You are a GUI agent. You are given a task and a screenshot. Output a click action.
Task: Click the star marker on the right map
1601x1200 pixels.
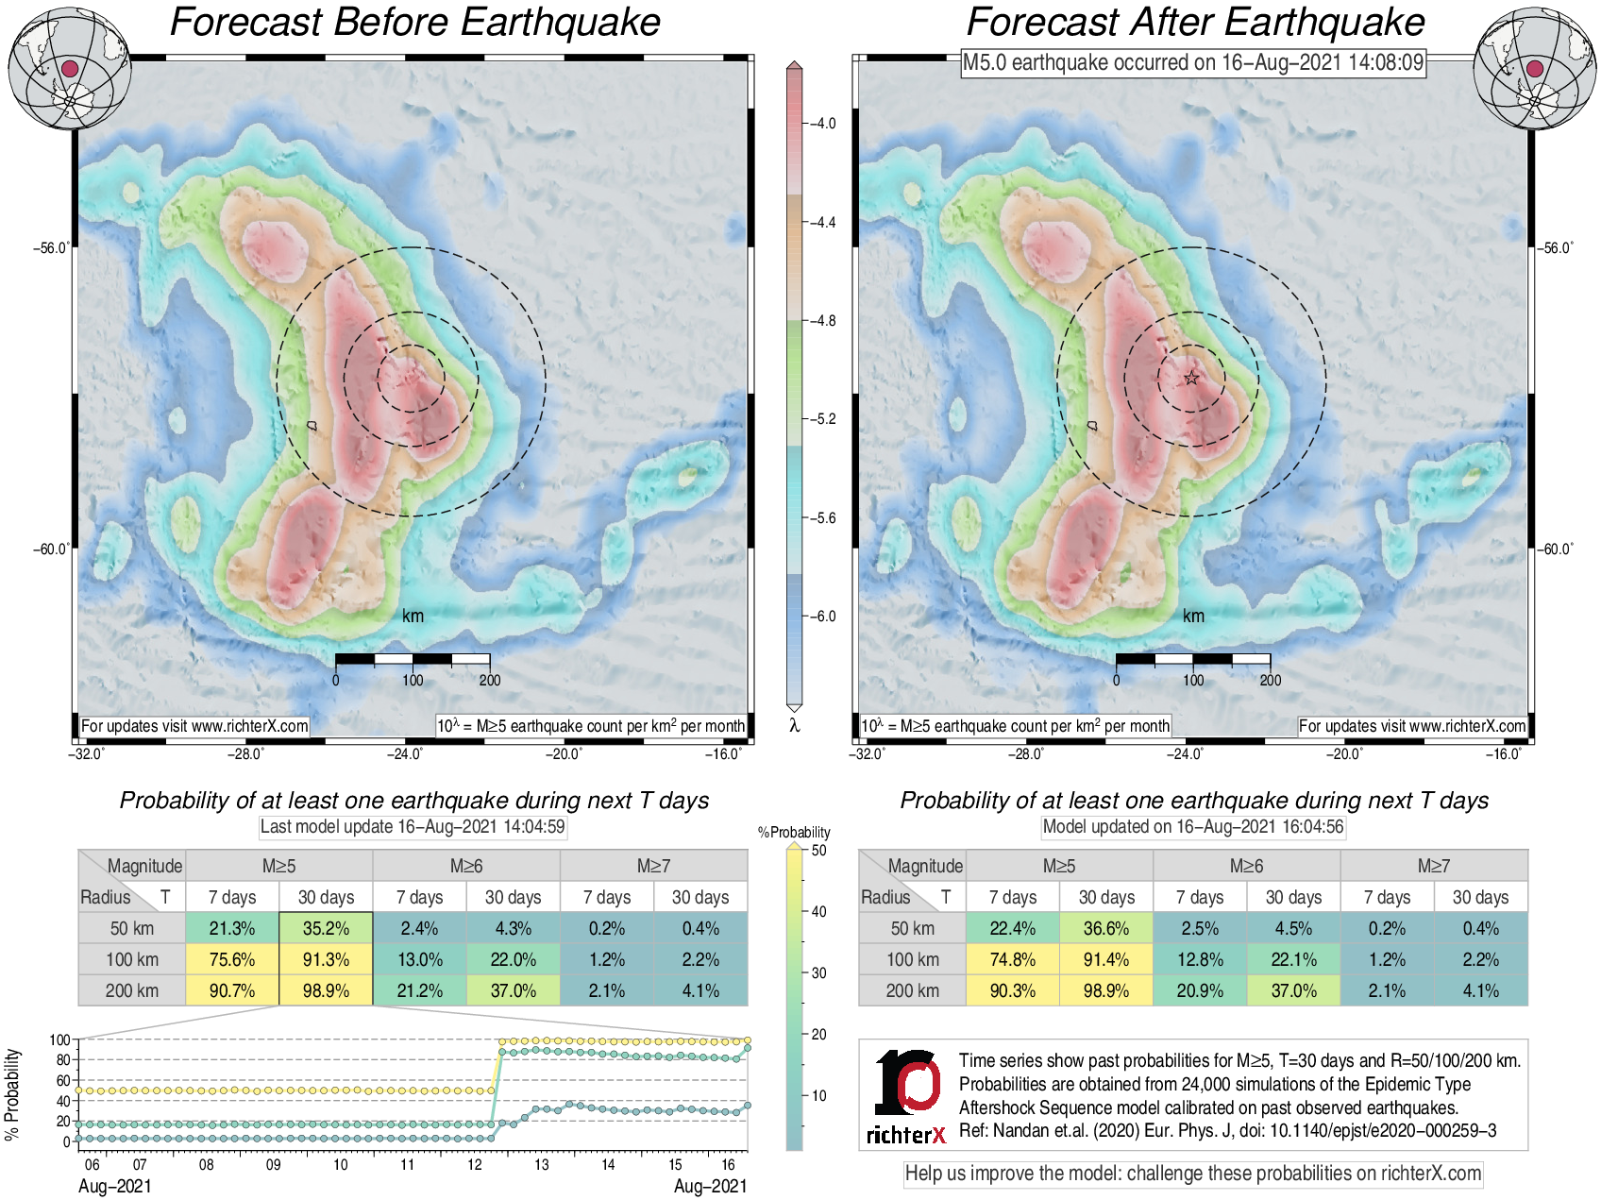1191,379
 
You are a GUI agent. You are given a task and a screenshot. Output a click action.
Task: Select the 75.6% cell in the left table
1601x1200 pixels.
232,959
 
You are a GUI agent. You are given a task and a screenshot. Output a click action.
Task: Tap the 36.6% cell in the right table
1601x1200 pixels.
1106,928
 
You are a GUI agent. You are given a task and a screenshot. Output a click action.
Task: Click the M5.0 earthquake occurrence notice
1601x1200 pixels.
1193,62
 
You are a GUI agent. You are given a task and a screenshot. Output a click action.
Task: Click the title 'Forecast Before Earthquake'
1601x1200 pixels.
415,23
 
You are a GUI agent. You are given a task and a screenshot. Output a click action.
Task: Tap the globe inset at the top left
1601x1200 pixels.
69,68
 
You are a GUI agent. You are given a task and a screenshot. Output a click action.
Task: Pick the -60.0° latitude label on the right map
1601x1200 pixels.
1556,549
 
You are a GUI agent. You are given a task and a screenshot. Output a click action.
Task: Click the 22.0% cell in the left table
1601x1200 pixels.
514,959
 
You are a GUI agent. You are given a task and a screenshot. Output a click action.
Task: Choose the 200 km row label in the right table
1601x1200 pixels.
912,990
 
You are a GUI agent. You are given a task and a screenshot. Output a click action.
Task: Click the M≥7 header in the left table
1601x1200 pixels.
653,866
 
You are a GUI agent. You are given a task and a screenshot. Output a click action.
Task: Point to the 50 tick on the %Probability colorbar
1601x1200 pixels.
818,851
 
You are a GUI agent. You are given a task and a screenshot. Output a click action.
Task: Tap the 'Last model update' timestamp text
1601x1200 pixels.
413,827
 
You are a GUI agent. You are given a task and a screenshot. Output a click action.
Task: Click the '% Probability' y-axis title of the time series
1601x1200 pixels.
12,1093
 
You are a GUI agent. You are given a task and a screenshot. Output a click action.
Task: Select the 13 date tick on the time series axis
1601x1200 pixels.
542,1164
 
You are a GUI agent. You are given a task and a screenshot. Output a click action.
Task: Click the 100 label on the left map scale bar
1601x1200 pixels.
413,680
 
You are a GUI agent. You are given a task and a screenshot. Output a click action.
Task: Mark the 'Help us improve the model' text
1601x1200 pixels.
1193,1174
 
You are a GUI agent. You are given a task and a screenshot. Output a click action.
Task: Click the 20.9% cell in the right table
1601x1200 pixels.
1200,990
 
